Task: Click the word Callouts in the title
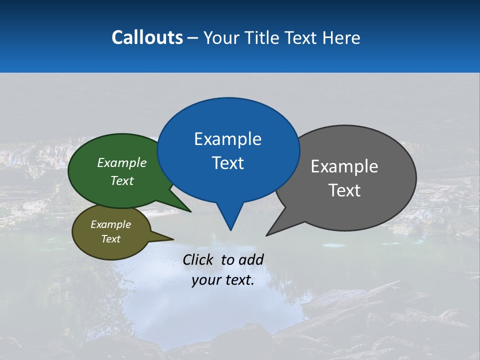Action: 147,37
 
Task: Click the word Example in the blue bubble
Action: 227,139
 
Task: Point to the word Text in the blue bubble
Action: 227,163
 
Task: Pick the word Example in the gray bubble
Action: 344,166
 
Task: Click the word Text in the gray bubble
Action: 344,190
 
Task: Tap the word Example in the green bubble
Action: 122,163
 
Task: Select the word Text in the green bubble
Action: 122,181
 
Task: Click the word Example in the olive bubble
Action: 110,224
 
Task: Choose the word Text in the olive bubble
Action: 110,239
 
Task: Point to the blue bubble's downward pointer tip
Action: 230,229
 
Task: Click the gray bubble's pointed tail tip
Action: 267,235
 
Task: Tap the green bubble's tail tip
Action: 190,211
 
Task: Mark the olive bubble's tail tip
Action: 173,239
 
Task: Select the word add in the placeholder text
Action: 251,259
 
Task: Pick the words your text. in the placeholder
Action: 223,280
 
